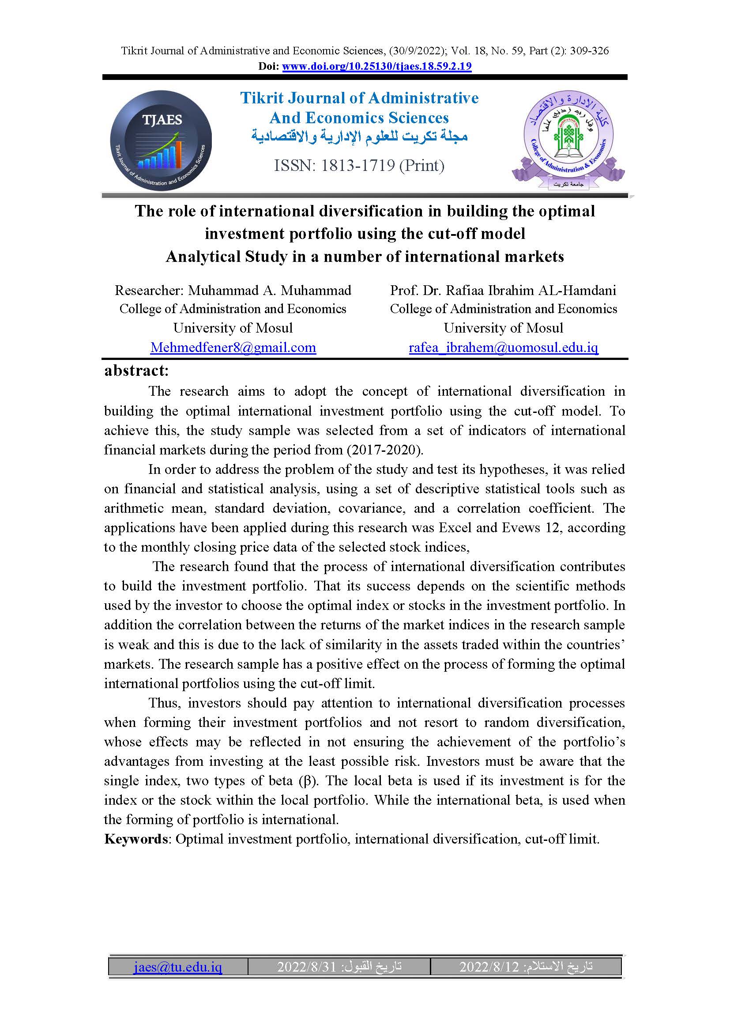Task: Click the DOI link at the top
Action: point(376,67)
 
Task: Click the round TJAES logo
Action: point(161,140)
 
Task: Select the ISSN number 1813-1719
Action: point(357,166)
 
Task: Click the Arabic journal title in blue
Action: point(359,136)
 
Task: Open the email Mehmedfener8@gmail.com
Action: point(233,347)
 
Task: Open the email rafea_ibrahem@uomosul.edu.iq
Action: point(504,347)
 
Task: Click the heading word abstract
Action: point(136,370)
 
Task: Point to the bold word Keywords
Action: point(135,839)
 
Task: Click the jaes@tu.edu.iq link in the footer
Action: point(177,966)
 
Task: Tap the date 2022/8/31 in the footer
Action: point(307,966)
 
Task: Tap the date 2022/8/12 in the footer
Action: point(489,966)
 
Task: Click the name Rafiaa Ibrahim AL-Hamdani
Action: point(531,290)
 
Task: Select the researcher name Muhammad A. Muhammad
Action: point(270,290)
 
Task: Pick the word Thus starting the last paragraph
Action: point(164,702)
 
